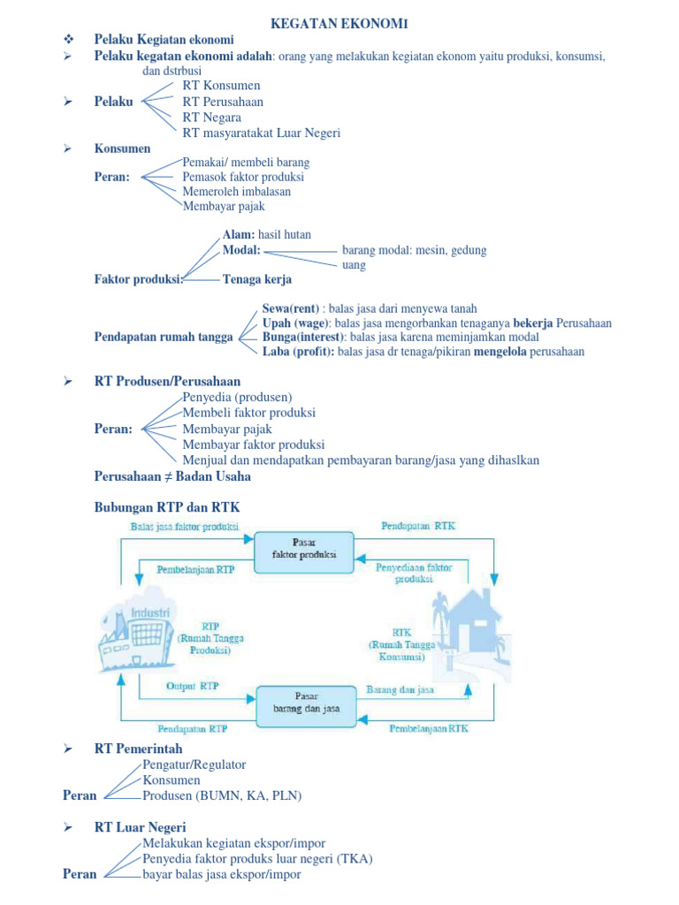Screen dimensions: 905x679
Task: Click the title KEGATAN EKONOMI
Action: pos(339,23)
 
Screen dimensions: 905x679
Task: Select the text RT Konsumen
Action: pos(221,86)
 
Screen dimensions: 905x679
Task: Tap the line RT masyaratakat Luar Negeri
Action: pos(261,133)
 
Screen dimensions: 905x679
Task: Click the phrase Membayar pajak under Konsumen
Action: pos(224,207)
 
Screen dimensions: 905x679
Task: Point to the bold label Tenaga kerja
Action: pos(257,280)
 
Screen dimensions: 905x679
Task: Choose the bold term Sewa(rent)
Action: pos(290,309)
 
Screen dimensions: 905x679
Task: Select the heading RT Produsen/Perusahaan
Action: pos(167,382)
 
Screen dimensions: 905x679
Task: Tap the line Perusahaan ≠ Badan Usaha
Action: pos(172,476)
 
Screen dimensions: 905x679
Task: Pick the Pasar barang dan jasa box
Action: pos(303,703)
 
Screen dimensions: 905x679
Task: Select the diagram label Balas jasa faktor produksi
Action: pos(185,527)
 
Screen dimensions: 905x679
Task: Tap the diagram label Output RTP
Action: pos(192,686)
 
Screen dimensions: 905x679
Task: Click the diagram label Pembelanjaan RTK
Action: pos(429,729)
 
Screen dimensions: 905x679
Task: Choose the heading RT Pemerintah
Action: pos(138,749)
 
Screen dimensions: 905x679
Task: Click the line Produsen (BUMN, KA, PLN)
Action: pos(222,796)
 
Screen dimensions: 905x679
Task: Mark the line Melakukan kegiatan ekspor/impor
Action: pos(233,844)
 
